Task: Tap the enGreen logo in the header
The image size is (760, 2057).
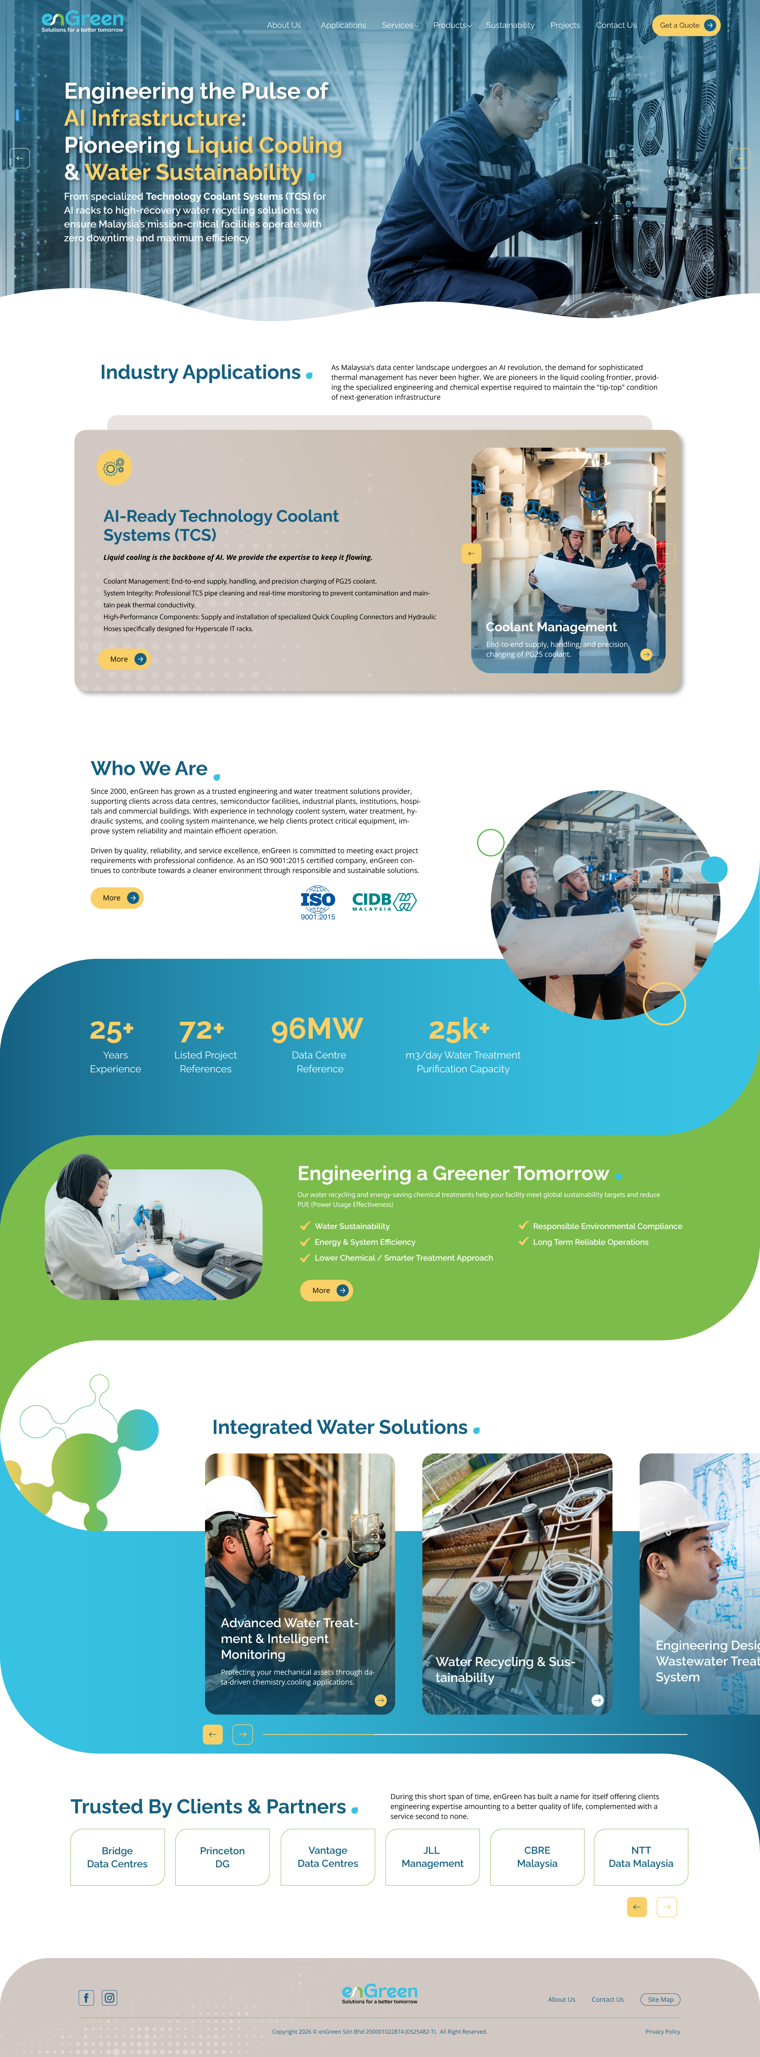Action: (82, 21)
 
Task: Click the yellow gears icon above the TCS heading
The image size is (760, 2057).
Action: (114, 467)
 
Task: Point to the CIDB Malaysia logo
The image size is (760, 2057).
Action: (384, 902)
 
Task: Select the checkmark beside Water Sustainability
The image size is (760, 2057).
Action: (304, 1226)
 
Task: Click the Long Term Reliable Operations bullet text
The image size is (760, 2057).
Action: (591, 1242)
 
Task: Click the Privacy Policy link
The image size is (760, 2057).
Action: (663, 2031)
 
